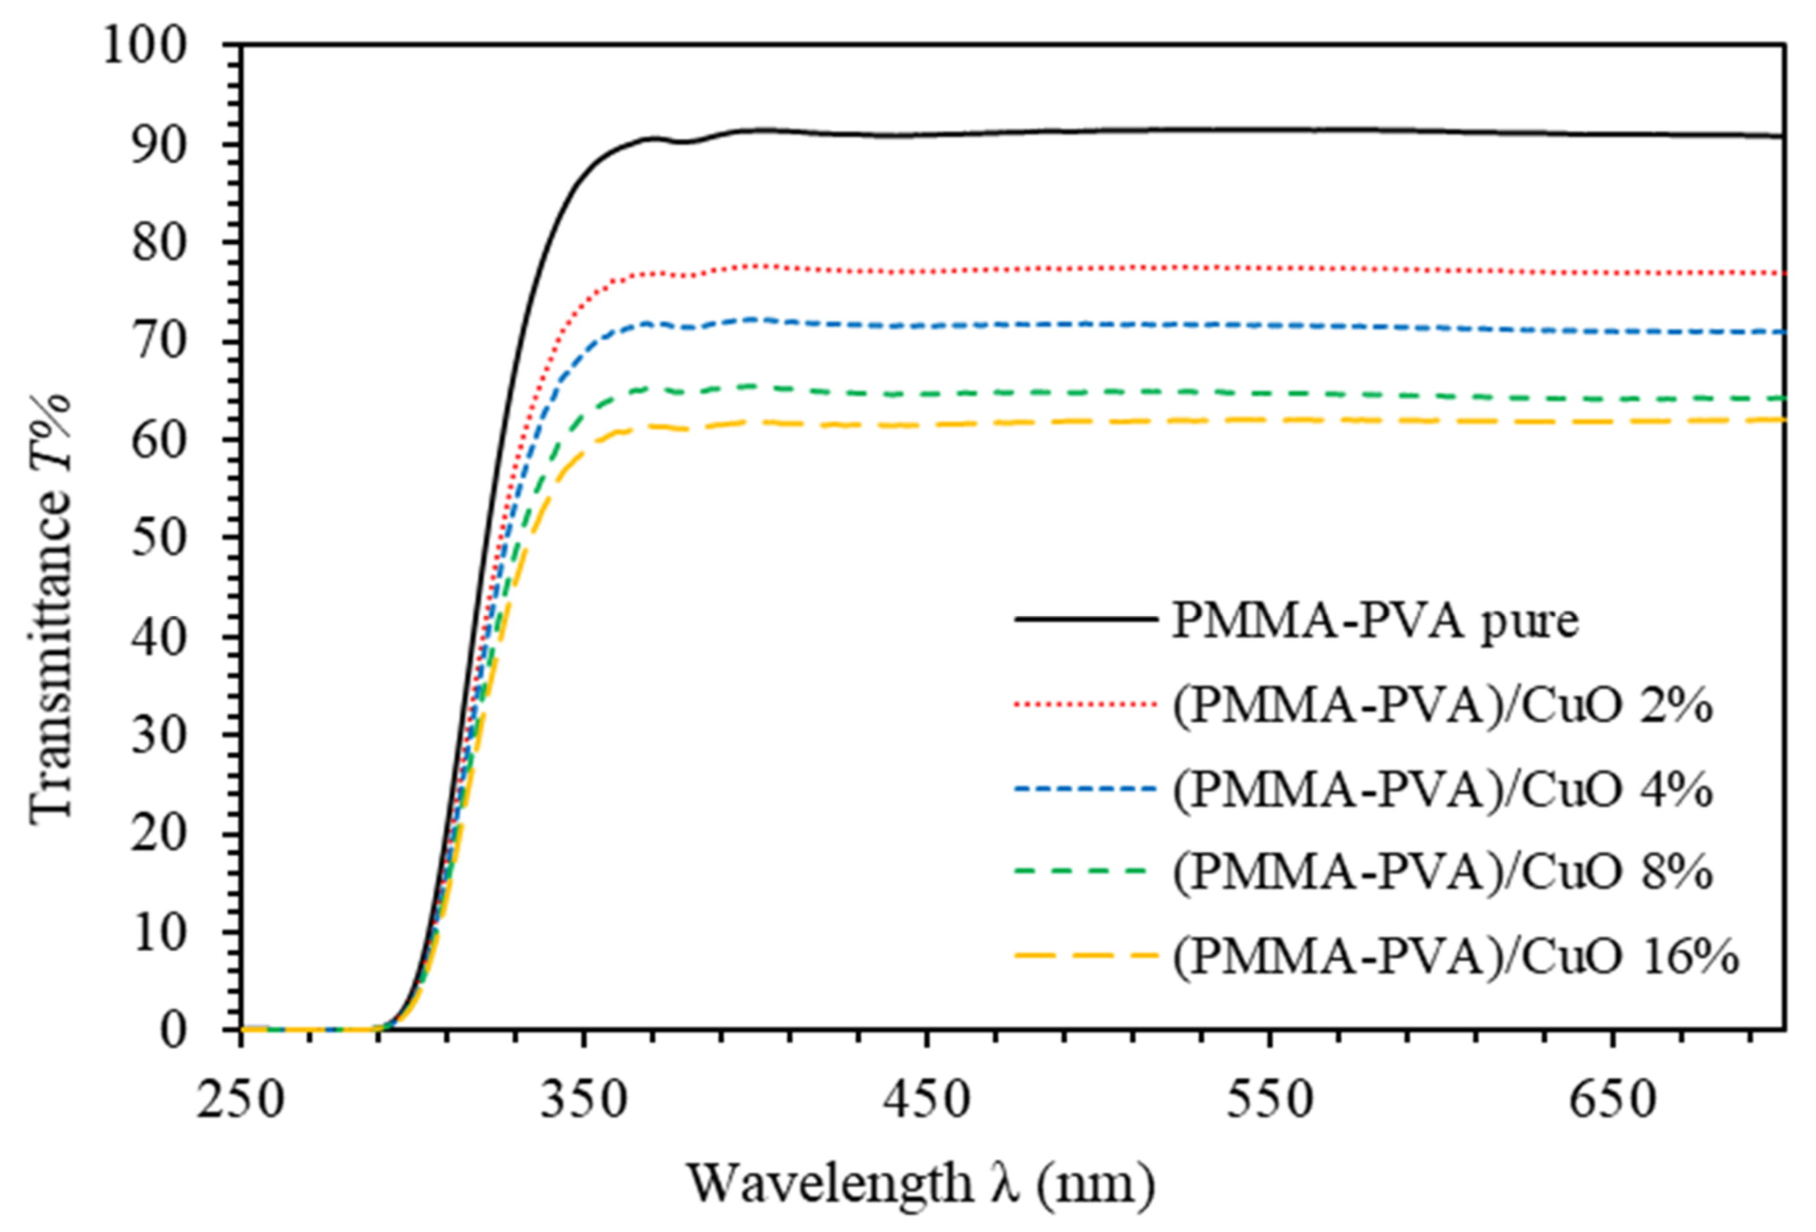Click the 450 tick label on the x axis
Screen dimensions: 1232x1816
click(x=925, y=1101)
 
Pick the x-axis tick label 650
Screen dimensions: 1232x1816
click(x=1612, y=1101)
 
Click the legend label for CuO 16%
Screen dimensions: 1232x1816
click(x=1455, y=956)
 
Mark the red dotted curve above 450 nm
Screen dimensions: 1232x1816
click(x=926, y=271)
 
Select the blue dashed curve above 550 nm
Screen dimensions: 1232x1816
click(x=1269, y=324)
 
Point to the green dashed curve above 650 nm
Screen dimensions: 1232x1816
click(x=1612, y=399)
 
